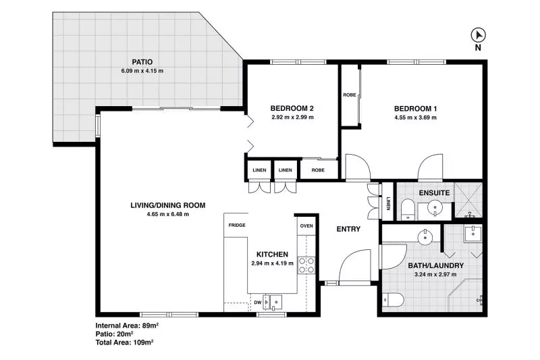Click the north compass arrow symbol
click(x=477, y=36)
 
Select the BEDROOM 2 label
click(x=292, y=108)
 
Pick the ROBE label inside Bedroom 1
click(x=350, y=95)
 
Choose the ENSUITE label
click(x=435, y=192)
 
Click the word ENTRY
click(x=348, y=229)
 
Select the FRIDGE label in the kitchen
click(x=236, y=225)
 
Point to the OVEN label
click(x=306, y=226)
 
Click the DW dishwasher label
click(x=258, y=303)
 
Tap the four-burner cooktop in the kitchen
click(x=306, y=265)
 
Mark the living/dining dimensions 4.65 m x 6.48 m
click(x=167, y=214)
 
